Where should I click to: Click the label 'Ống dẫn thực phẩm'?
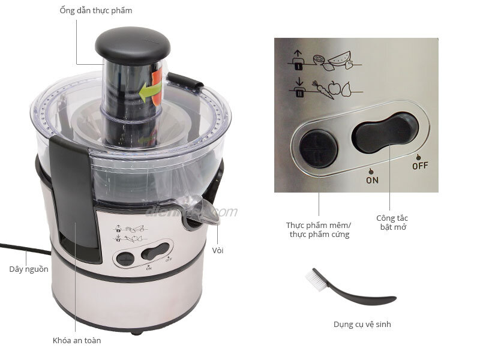pyautogui.click(x=96, y=10)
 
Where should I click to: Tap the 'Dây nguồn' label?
pyautogui.click(x=28, y=269)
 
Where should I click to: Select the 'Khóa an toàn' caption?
pyautogui.click(x=77, y=341)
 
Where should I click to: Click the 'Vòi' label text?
pyautogui.click(x=218, y=250)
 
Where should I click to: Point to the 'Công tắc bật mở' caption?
pyautogui.click(x=392, y=223)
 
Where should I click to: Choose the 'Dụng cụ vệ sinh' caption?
pyautogui.click(x=362, y=325)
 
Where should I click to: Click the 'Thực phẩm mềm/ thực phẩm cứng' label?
pyautogui.click(x=318, y=230)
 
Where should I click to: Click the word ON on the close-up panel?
pyautogui.click(x=372, y=179)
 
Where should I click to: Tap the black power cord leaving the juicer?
pyautogui.click(x=24, y=248)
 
